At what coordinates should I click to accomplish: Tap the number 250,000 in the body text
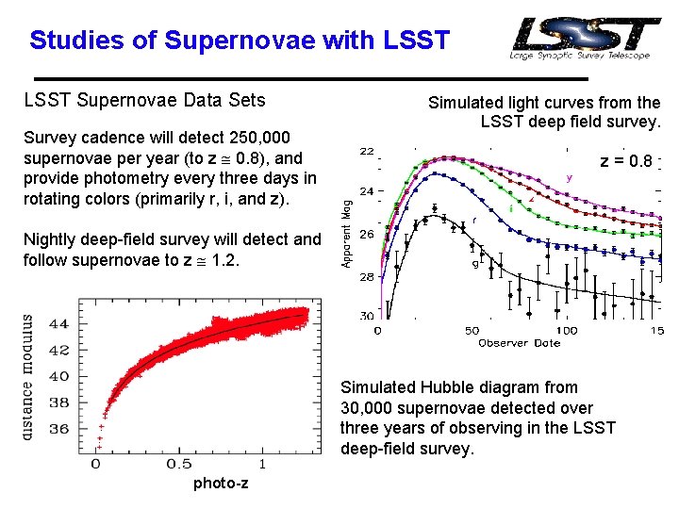pyautogui.click(x=258, y=138)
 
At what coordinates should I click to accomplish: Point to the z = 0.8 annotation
pyautogui.click(x=626, y=161)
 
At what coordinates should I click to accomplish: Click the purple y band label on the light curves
pyautogui.click(x=569, y=176)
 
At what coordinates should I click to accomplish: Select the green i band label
pyautogui.click(x=510, y=207)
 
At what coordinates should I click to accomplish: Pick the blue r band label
pyautogui.click(x=473, y=221)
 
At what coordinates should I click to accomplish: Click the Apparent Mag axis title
pyautogui.click(x=347, y=232)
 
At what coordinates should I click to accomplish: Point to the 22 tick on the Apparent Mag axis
pyautogui.click(x=365, y=151)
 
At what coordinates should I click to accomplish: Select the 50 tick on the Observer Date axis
pyautogui.click(x=471, y=331)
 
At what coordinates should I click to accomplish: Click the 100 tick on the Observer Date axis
pyautogui.click(x=566, y=331)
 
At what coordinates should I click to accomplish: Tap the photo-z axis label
pyautogui.click(x=220, y=484)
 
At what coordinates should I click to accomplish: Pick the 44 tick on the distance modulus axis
pyautogui.click(x=58, y=323)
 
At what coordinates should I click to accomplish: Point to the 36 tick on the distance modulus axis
pyautogui.click(x=58, y=428)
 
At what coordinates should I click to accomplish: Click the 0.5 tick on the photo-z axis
pyautogui.click(x=178, y=465)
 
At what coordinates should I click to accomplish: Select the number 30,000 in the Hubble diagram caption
pyautogui.click(x=371, y=407)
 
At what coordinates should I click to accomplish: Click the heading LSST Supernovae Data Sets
pyautogui.click(x=144, y=100)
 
